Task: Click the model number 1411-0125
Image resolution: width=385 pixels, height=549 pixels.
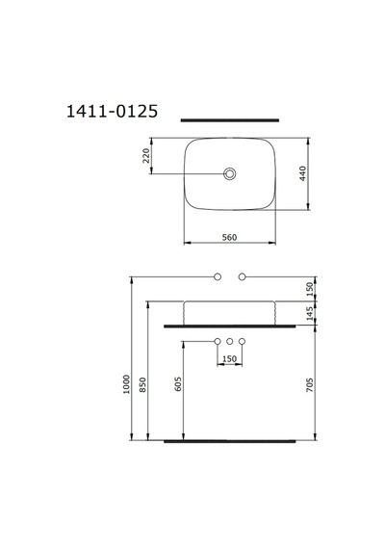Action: (112, 112)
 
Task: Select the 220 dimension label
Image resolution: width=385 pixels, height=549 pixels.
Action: (146, 156)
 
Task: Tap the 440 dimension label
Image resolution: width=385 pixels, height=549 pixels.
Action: (303, 173)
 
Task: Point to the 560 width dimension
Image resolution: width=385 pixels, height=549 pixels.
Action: (230, 237)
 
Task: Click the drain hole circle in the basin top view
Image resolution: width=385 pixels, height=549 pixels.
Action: (230, 173)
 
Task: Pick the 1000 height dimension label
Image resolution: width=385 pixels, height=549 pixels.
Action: (126, 384)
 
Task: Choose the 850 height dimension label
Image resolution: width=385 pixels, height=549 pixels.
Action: (143, 384)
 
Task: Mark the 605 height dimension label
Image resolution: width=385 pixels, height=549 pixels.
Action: (178, 384)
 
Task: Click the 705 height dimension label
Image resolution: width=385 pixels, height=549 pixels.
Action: (310, 384)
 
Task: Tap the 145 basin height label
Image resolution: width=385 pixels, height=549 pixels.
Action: (310, 313)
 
